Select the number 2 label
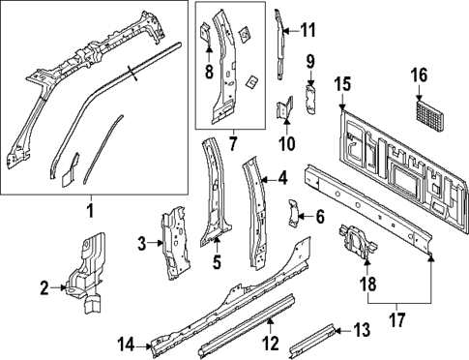click(44, 286)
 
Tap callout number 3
click(142, 243)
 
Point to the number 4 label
click(281, 177)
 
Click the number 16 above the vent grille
click(419, 75)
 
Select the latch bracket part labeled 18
click(354, 241)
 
